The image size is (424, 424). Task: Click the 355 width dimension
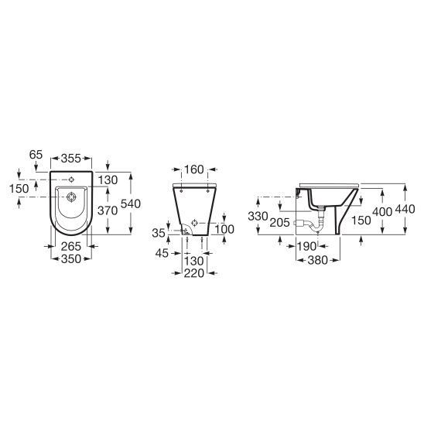(x=71, y=159)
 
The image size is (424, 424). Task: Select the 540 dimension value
(x=131, y=204)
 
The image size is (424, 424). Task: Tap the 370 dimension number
(x=108, y=210)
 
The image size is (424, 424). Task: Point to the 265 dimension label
(x=71, y=246)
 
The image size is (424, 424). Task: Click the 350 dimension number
(x=71, y=259)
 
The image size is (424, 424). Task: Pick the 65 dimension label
(x=36, y=155)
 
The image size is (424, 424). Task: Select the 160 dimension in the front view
(x=194, y=169)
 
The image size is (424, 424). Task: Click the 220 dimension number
(x=194, y=273)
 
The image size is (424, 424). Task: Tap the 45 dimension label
(x=162, y=253)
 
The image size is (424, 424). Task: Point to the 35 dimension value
(x=159, y=233)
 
